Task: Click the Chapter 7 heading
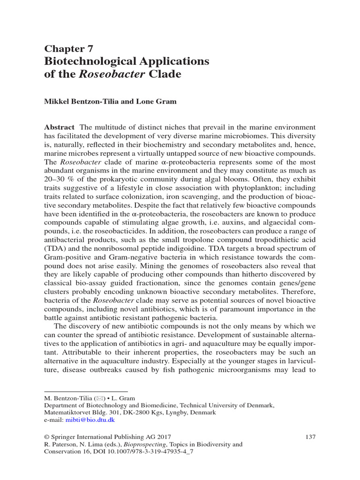[69, 49]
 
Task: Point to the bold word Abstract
[59, 127]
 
